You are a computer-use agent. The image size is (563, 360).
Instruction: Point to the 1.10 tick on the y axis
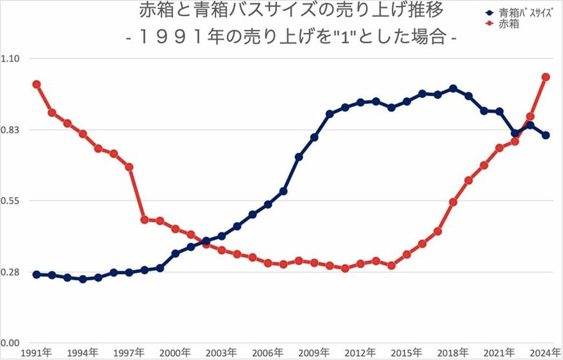(12, 59)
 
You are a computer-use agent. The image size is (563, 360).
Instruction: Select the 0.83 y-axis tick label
(12, 130)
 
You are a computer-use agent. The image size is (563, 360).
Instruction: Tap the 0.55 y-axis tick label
(12, 201)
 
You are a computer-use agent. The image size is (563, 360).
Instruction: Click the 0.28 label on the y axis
(12, 273)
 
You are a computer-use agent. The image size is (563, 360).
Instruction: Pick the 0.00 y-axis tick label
(12, 343)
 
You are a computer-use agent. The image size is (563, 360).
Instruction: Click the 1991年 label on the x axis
(37, 353)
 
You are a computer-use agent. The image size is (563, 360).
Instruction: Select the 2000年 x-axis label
(175, 353)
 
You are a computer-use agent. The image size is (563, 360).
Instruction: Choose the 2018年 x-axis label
(453, 353)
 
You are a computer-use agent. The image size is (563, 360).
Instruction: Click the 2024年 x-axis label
(546, 353)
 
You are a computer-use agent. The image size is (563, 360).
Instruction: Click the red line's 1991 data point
(36, 84)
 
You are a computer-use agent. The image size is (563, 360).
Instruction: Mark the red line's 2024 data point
(546, 77)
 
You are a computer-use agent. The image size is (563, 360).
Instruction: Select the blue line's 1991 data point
(36, 275)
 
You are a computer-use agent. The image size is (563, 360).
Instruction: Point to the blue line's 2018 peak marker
(453, 89)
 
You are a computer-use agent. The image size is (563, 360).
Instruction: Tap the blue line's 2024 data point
(546, 135)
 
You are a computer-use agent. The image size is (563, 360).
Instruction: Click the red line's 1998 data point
(144, 219)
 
